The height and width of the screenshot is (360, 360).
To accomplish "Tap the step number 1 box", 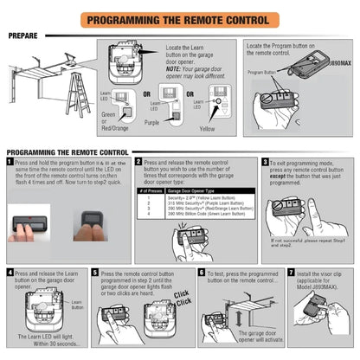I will [x=10, y=161].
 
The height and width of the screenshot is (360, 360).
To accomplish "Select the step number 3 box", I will [x=265, y=161].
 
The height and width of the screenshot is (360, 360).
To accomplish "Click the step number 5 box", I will [x=94, y=272].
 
